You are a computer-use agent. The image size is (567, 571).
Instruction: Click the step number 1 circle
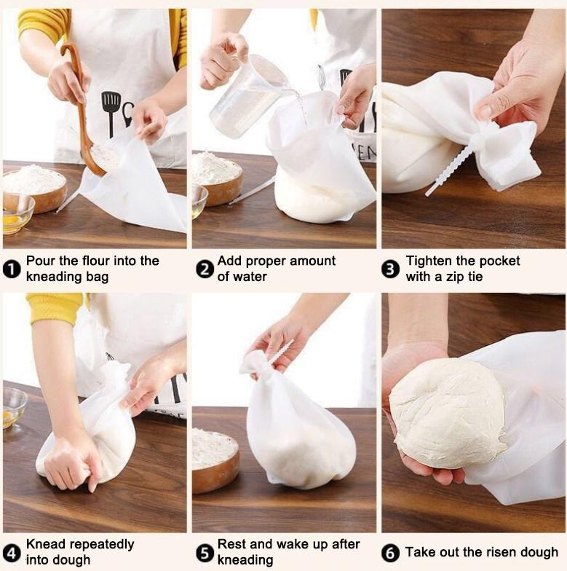[x=12, y=269]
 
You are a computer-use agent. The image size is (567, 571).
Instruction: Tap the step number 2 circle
[x=204, y=269]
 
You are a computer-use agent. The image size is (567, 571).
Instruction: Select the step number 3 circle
[x=391, y=269]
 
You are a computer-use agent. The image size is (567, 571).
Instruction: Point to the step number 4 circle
[x=12, y=553]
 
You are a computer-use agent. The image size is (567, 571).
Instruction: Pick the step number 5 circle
[x=204, y=553]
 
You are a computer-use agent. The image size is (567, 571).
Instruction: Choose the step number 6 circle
[x=391, y=553]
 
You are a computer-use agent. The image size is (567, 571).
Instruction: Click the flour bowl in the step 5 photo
[x=215, y=459]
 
